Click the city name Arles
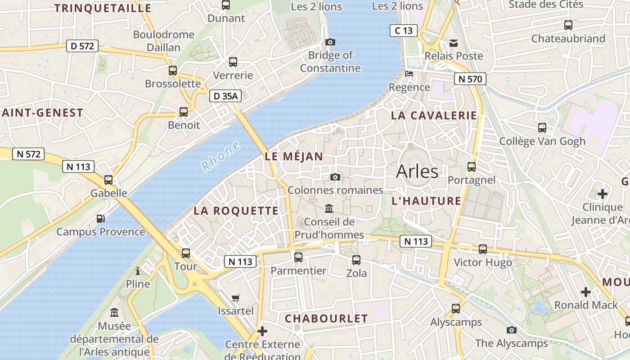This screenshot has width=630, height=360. [417, 172]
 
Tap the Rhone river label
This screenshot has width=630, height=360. [220, 157]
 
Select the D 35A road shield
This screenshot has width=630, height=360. [225, 96]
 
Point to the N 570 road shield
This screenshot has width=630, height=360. [470, 79]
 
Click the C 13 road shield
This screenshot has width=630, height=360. [403, 31]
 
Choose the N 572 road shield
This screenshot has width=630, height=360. [28, 154]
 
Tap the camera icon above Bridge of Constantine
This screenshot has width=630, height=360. [330, 42]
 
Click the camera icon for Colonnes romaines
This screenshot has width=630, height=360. [335, 177]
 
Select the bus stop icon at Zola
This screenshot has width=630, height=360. [356, 260]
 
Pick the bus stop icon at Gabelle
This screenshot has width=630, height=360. [108, 180]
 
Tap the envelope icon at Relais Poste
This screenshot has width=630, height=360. [454, 43]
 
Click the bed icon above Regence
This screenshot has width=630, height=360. [409, 73]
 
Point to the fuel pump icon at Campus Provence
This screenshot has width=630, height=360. [101, 219]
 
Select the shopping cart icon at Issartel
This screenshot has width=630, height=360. [235, 298]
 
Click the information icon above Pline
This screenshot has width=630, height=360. [138, 270]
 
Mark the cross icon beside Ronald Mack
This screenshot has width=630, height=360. [585, 292]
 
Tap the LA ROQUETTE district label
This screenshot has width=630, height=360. [236, 211]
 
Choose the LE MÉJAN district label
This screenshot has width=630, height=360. [294, 157]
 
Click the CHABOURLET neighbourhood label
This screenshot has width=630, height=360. [326, 319]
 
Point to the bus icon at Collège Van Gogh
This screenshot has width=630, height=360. [542, 128]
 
